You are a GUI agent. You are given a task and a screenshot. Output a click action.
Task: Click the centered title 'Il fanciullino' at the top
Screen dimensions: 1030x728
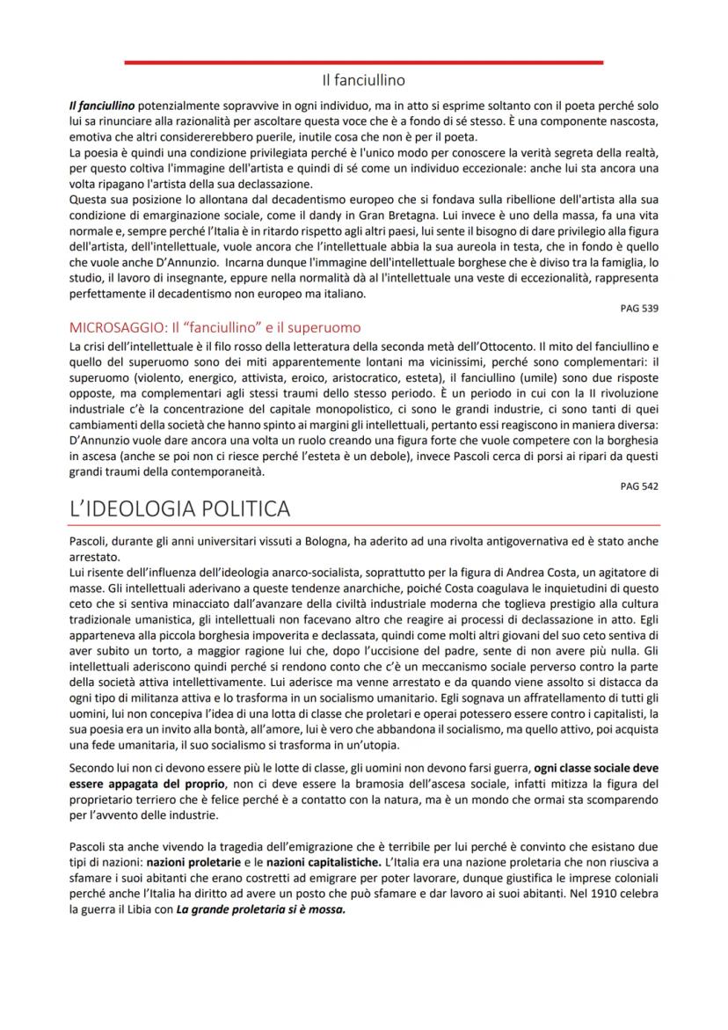click(363, 81)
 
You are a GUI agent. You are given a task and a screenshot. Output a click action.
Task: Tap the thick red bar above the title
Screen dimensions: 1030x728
click(363, 62)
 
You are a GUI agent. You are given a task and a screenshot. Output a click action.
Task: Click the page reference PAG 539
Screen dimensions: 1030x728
click(639, 308)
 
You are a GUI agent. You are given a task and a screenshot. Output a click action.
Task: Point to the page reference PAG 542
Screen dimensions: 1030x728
click(639, 486)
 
